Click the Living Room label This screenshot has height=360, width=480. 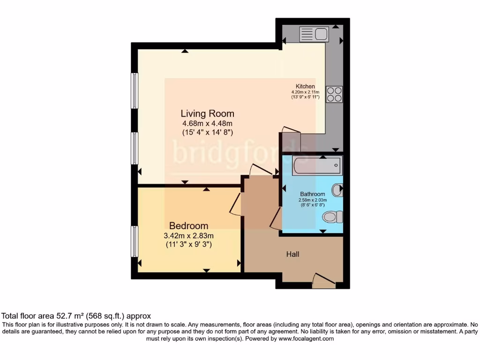207,113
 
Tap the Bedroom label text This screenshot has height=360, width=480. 188,225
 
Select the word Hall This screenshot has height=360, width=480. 293,254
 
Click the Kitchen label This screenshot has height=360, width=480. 305,86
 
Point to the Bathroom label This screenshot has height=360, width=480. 312,194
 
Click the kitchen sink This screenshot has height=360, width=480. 314,34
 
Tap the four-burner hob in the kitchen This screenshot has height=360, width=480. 335,94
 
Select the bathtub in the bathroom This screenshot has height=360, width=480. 317,166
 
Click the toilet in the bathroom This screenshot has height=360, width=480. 333,217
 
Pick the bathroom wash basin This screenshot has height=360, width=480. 337,190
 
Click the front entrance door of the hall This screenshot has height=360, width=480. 324,281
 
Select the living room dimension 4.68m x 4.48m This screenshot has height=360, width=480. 207,124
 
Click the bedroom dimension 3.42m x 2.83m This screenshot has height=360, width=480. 188,236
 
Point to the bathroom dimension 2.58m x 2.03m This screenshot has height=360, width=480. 312,200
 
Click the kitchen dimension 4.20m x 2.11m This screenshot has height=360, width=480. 305,92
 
